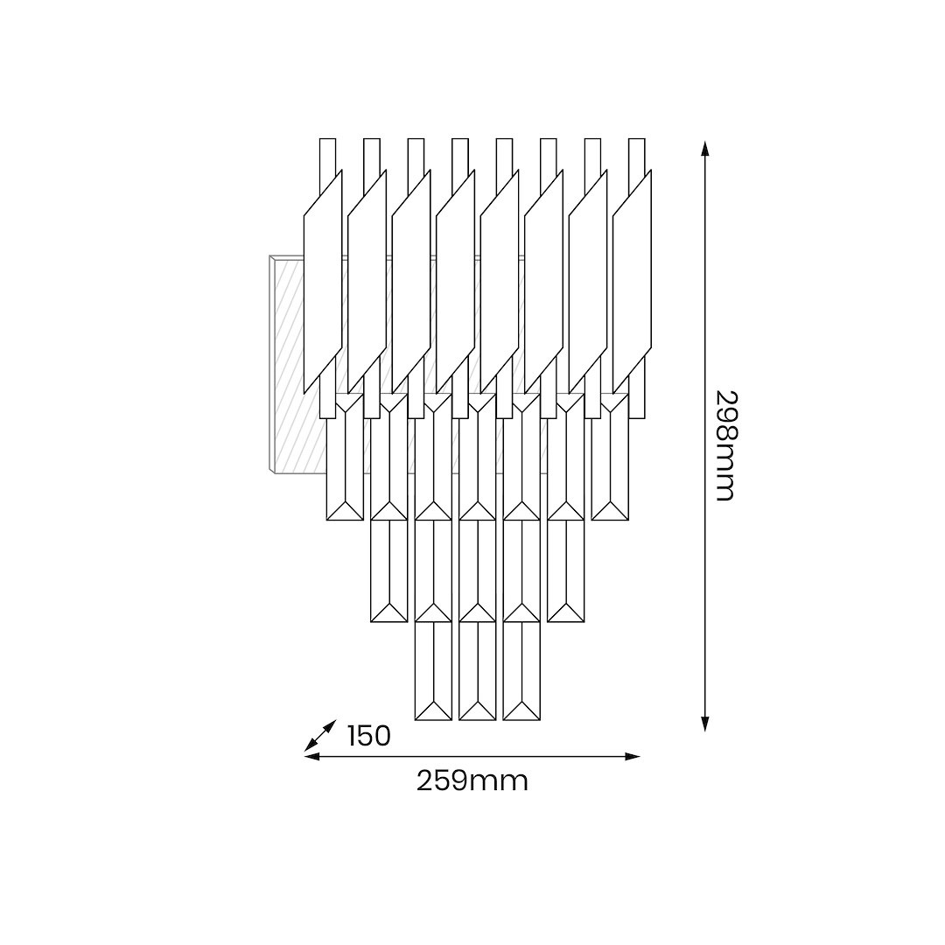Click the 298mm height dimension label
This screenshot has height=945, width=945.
point(725,446)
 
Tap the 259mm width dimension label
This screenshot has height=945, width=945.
point(472,781)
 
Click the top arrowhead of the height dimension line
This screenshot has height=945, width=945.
point(704,148)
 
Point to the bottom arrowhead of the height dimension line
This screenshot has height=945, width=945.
point(704,724)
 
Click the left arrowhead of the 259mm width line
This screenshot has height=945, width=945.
point(311,756)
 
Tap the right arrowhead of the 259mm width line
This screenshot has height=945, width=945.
point(633,756)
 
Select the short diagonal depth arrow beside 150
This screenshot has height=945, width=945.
point(319,735)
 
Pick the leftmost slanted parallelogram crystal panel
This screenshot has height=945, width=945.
point(323,282)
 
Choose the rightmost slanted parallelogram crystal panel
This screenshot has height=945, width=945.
point(633,282)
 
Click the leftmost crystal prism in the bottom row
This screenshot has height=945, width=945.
point(433,671)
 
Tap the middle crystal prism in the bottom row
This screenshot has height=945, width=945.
point(478,671)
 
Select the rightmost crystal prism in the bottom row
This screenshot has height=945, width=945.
point(521,671)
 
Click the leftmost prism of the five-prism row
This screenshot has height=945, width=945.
point(388,570)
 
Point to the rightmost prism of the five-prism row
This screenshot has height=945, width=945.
point(566,570)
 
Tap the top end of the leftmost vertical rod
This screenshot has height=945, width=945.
point(327,139)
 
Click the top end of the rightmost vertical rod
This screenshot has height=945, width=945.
point(636,139)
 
